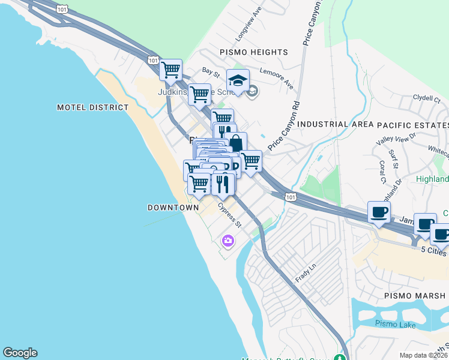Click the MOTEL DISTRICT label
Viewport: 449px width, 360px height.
point(92,107)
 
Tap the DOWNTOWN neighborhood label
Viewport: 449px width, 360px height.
point(173,208)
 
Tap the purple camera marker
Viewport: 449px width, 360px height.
point(228,241)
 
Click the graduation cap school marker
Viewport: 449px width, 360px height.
point(238,80)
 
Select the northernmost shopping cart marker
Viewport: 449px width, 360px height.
point(171,70)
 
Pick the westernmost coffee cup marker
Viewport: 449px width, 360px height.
point(379,212)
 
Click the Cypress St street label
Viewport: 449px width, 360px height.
point(229,215)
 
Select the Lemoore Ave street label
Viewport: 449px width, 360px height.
point(279,78)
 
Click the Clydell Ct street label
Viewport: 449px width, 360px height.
point(427,98)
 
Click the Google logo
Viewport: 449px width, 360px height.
point(20,353)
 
